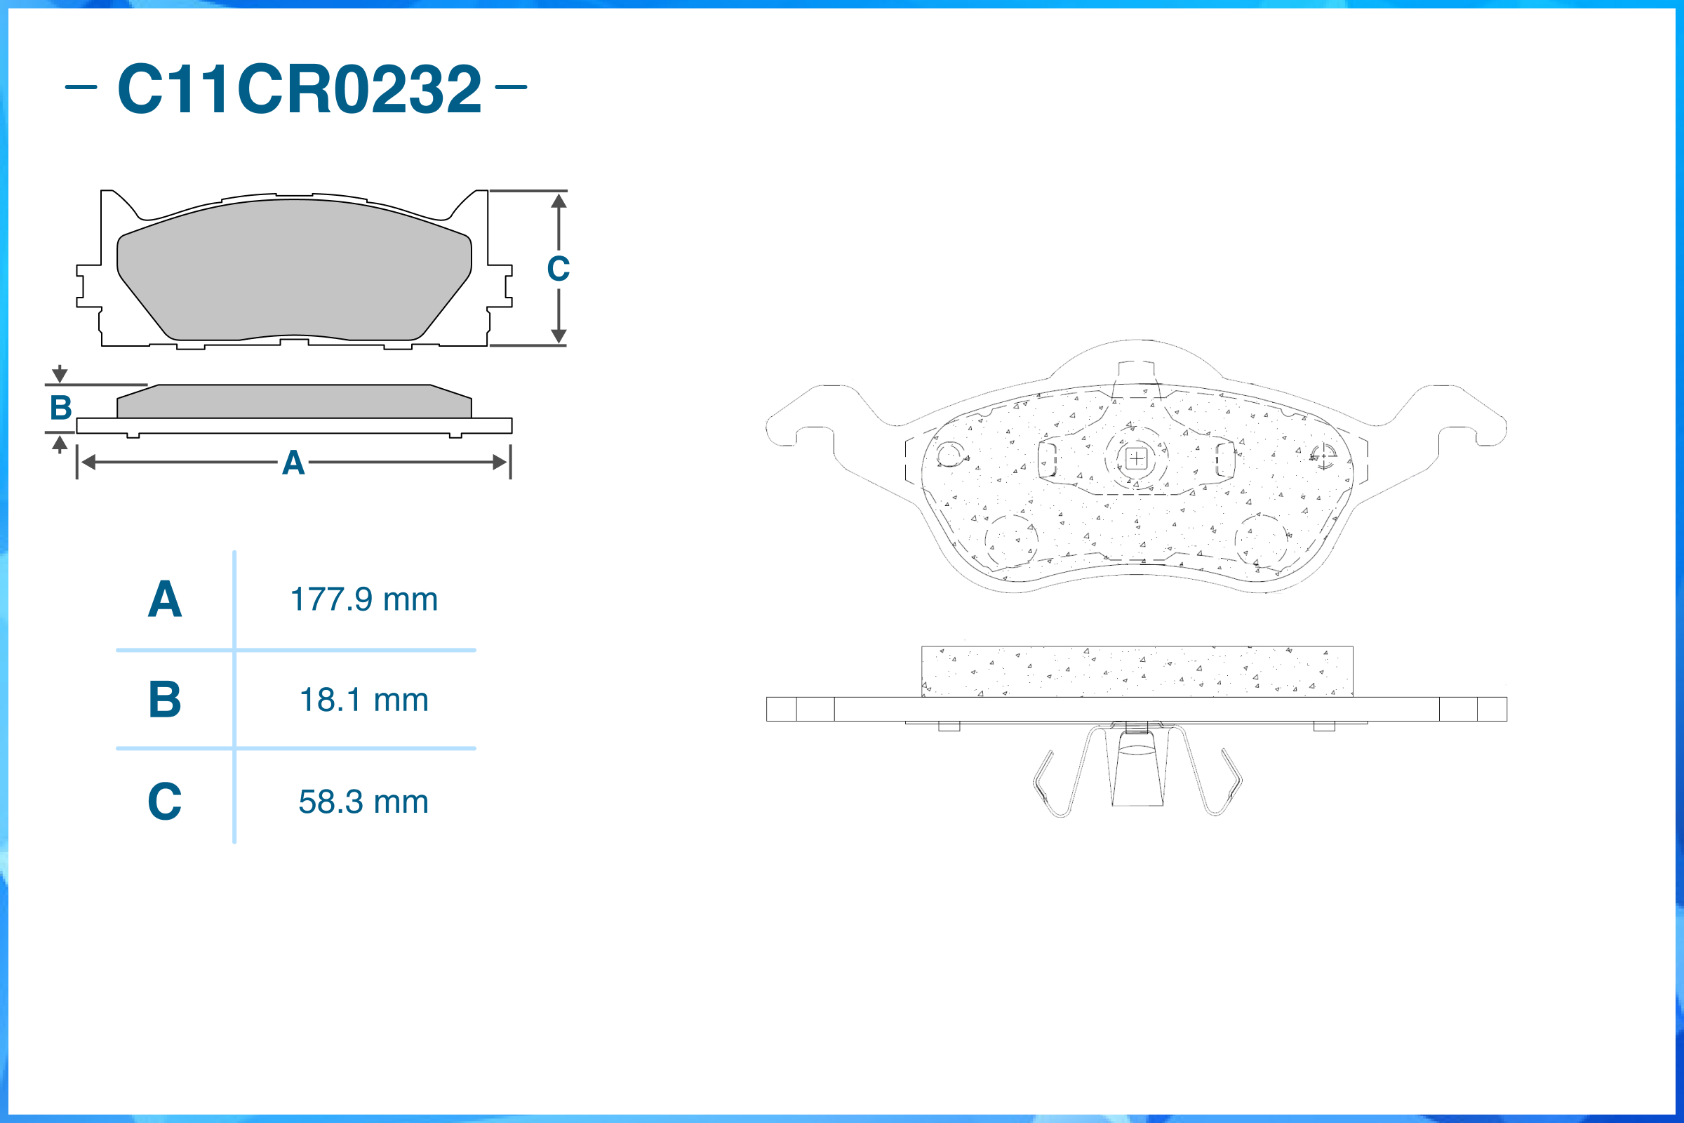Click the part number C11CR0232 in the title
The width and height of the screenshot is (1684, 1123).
point(300,88)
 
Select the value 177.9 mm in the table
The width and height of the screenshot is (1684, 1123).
point(363,599)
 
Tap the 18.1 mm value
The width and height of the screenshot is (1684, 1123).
point(363,700)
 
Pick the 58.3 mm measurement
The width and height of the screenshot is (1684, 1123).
point(363,802)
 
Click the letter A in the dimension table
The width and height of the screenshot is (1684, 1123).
point(165,599)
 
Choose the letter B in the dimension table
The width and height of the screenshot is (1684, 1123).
point(165,699)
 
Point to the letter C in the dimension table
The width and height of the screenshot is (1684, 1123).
point(165,801)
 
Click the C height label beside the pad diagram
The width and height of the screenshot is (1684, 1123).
point(559,269)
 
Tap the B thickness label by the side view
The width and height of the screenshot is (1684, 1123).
point(61,408)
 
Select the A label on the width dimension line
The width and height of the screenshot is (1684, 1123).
point(293,463)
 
